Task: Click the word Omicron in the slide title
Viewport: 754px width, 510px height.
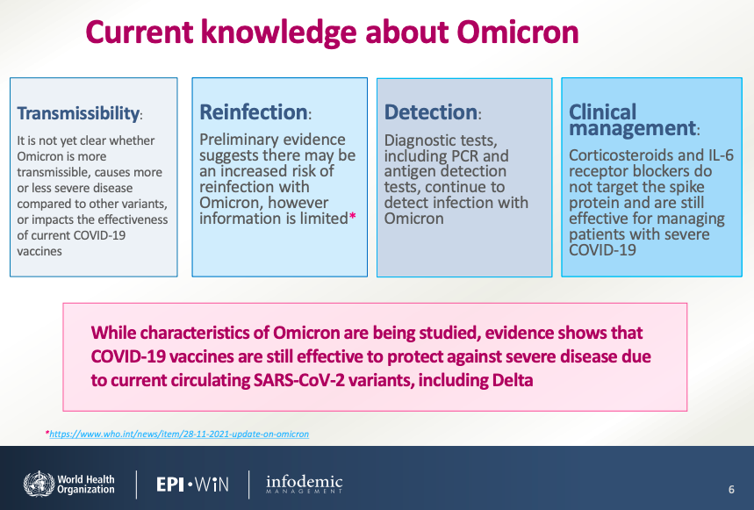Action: click(518, 32)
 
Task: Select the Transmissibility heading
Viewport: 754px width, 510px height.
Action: click(79, 113)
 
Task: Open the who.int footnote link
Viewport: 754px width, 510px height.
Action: click(179, 434)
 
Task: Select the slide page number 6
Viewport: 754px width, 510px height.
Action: click(731, 489)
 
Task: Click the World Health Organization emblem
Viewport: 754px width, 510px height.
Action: click(39, 484)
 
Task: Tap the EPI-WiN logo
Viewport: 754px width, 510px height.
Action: click(192, 484)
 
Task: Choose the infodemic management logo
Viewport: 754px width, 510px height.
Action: click(305, 484)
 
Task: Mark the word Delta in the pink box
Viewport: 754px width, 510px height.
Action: click(513, 380)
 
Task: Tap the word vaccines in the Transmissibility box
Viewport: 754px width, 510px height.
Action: click(39, 251)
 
